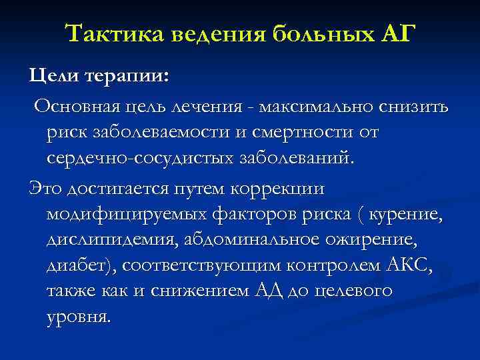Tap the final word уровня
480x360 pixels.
pyautogui.click(x=77, y=319)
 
